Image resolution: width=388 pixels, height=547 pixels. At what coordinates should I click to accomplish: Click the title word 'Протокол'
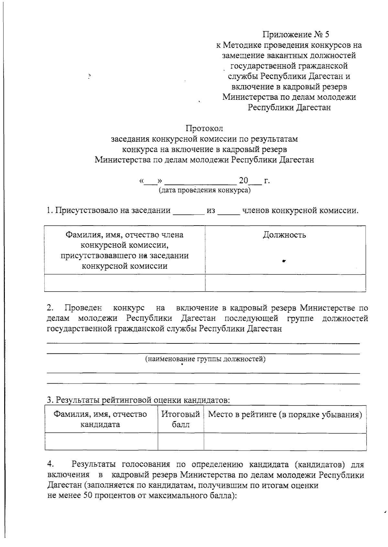coord(204,128)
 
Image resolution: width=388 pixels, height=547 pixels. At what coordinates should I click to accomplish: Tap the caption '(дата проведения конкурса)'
coord(204,190)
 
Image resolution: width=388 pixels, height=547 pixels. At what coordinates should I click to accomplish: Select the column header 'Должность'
coord(284,235)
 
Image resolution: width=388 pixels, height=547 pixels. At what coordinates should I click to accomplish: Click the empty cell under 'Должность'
coord(285,283)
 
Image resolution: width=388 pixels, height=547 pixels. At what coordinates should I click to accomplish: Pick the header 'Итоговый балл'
coord(181,419)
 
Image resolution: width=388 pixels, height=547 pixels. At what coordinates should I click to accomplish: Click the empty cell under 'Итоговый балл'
coord(181,441)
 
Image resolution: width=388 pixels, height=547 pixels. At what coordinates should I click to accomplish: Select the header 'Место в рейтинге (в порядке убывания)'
coord(285,415)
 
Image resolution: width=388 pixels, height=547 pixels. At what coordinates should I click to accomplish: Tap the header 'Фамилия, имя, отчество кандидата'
coord(100,419)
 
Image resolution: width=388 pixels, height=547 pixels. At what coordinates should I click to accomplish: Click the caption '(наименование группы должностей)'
coord(205,359)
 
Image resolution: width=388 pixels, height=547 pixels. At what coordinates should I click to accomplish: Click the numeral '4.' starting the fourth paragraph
coord(50,464)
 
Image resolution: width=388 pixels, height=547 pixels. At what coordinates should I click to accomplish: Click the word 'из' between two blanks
coord(211,211)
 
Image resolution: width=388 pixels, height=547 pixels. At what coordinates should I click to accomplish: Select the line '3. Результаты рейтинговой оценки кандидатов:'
coord(138,400)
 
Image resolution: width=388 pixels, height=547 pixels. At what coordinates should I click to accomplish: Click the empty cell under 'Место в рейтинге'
coord(285,441)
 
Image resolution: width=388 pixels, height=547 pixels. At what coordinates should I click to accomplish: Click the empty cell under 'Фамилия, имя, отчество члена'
coord(124,283)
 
